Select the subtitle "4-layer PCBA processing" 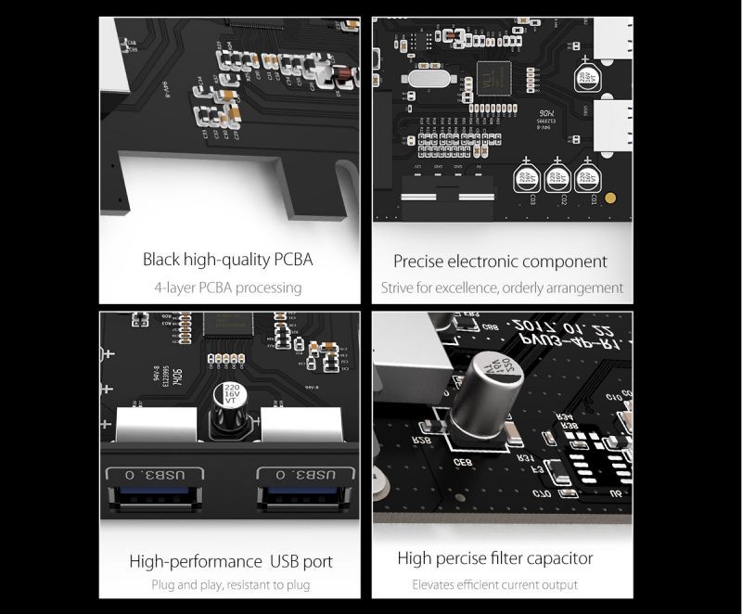[229, 288]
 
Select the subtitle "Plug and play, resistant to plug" [230, 585]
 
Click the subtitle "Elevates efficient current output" [494, 585]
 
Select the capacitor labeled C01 [585, 175]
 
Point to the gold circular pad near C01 [610, 198]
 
